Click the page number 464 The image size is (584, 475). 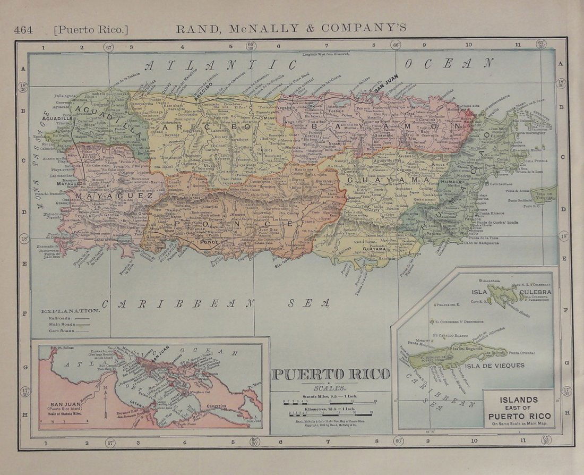24,29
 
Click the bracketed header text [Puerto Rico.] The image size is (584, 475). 90,29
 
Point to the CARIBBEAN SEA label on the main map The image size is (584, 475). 215,303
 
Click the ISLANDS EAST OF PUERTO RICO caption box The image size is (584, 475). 519,408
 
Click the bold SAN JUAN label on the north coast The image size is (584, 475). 387,90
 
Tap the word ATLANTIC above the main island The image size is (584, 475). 220,65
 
